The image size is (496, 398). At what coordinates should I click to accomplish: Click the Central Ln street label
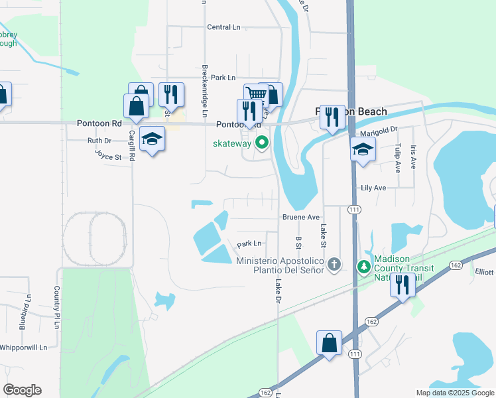pyautogui.click(x=223, y=27)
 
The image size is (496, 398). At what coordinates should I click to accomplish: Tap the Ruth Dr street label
pyautogui.click(x=99, y=141)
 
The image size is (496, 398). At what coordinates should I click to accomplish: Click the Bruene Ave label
pyautogui.click(x=301, y=217)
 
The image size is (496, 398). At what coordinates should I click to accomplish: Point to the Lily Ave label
pyautogui.click(x=373, y=188)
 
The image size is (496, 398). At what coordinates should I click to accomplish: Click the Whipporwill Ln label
pyautogui.click(x=24, y=347)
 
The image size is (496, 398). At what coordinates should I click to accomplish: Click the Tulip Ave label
pyautogui.click(x=398, y=158)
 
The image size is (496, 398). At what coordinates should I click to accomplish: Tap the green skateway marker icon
pyautogui.click(x=262, y=142)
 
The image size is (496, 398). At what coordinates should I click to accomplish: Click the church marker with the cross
pyautogui.click(x=334, y=265)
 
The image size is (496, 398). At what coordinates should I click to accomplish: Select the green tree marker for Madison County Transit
pyautogui.click(x=363, y=267)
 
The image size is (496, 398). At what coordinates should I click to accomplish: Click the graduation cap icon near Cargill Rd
pyautogui.click(x=153, y=138)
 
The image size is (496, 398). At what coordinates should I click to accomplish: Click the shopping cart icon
pyautogui.click(x=256, y=94)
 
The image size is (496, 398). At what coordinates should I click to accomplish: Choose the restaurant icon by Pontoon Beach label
pyautogui.click(x=332, y=116)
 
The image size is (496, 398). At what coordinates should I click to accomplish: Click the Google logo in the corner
pyautogui.click(x=22, y=390)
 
